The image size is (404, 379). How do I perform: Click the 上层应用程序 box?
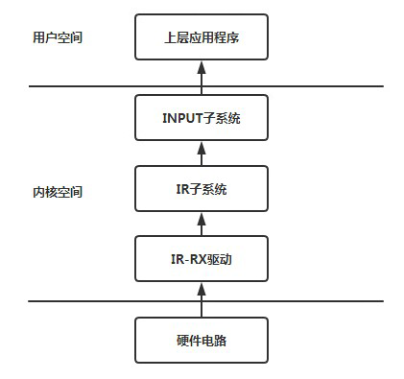202,39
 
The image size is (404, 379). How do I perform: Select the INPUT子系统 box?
202,119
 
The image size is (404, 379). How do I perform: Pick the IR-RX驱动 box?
202,260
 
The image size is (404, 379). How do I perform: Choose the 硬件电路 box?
202,340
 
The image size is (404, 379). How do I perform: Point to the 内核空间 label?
57,192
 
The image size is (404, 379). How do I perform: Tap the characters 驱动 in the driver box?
225,260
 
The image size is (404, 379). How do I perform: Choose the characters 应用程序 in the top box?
213,39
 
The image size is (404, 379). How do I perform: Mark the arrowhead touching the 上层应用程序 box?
202,66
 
